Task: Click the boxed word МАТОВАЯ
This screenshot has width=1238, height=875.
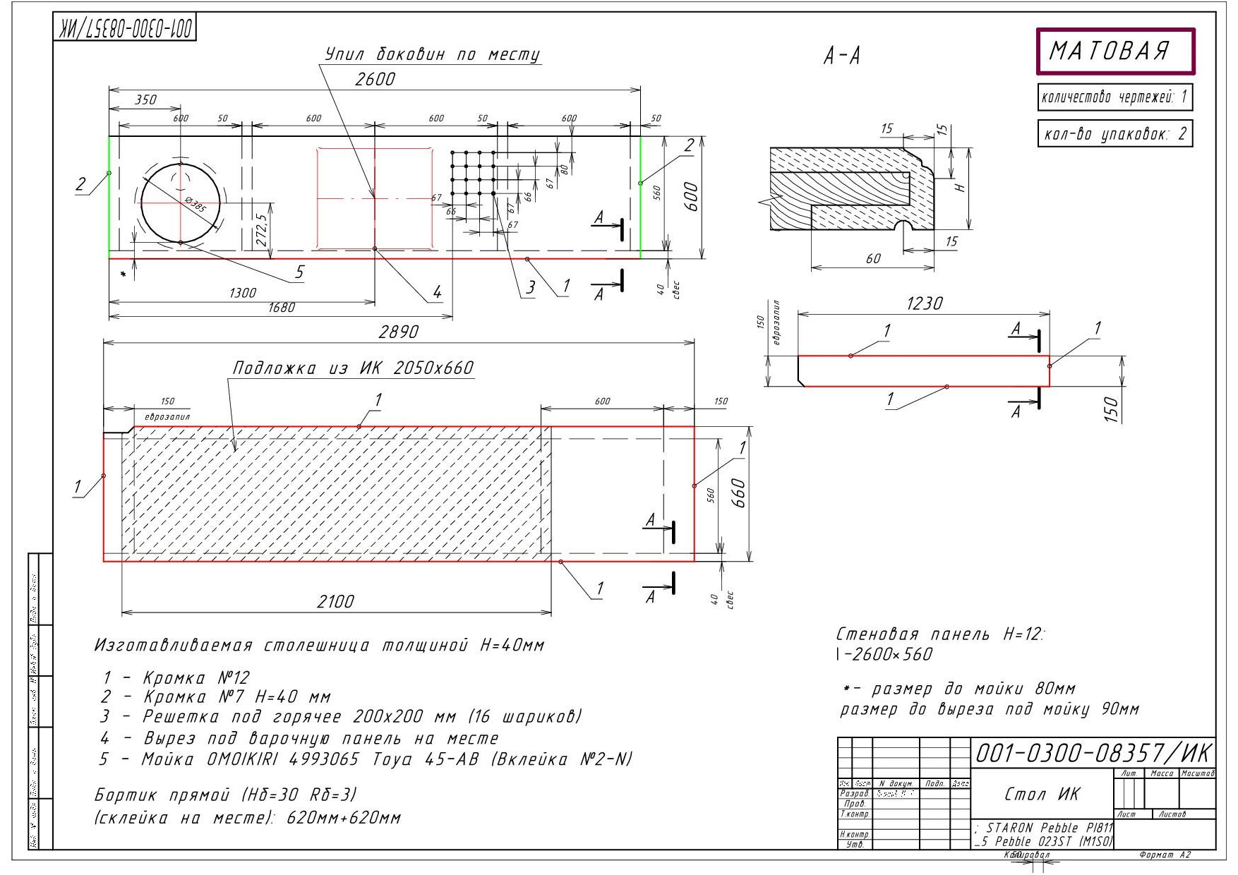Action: coord(1114,51)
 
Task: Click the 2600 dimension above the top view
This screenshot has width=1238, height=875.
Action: coord(375,79)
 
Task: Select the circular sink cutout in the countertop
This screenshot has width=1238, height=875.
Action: coord(181,203)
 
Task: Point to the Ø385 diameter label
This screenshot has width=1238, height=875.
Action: coord(195,204)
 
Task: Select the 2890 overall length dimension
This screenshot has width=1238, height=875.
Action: coord(399,331)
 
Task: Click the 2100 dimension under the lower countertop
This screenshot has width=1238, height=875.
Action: coord(335,601)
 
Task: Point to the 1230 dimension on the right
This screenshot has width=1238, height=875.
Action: coord(924,303)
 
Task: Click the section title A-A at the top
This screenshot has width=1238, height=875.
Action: coord(841,56)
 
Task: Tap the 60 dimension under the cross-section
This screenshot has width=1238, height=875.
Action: coord(873,258)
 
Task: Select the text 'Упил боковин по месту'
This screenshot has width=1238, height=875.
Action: coord(432,54)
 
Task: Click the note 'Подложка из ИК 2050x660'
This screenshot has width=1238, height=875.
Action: coord(353,368)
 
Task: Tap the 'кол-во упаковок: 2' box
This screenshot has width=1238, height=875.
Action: coord(1114,133)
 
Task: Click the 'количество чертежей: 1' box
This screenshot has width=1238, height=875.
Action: coord(1114,97)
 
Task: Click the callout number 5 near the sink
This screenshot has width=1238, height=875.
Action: coord(299,272)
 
